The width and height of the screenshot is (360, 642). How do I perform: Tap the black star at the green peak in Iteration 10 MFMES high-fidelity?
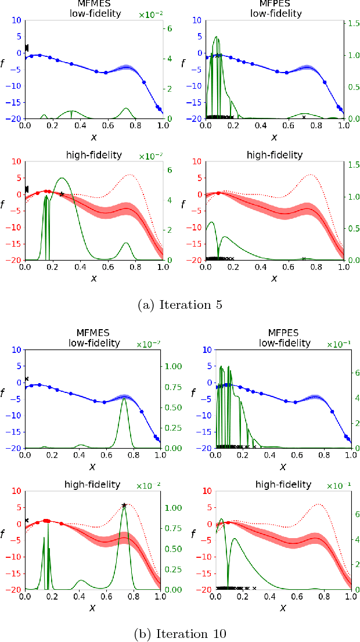(124, 506)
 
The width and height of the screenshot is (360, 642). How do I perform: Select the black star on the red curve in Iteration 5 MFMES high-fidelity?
(62, 194)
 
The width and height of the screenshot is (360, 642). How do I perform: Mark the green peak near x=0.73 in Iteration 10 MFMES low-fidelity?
(124, 399)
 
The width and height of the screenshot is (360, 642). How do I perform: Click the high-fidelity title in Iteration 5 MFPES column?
(274, 155)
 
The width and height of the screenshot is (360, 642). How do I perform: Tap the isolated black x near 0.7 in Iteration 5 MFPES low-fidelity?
(304, 117)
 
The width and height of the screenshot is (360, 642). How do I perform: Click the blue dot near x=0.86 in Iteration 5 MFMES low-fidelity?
(144, 82)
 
